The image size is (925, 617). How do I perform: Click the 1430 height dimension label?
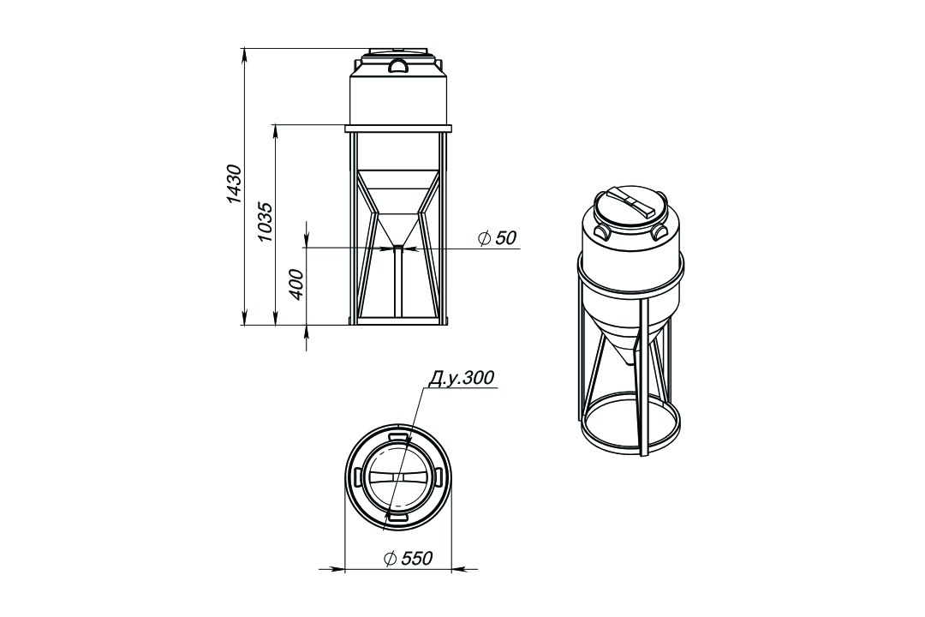235,184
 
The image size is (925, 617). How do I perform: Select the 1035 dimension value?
266,221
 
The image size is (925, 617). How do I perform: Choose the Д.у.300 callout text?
461,378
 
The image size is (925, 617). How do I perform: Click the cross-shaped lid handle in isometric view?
630,202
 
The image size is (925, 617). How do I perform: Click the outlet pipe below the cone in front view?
398,285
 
